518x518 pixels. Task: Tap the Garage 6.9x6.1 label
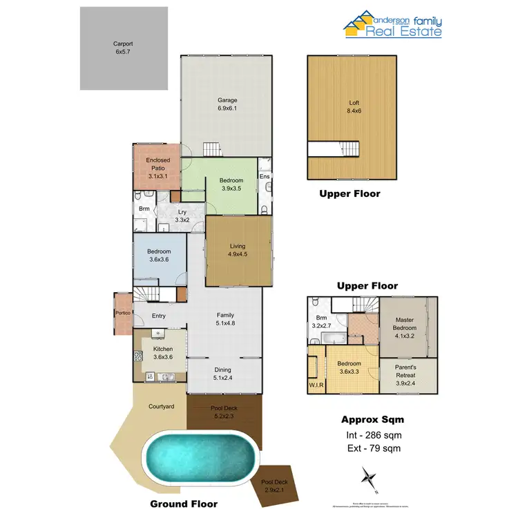click(x=227, y=104)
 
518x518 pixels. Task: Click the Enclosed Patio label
click(x=157, y=168)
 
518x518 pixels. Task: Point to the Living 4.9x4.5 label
click(x=238, y=249)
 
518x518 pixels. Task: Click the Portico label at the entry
click(x=124, y=311)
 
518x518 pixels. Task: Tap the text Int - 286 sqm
click(x=373, y=435)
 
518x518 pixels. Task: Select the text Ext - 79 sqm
click(x=373, y=448)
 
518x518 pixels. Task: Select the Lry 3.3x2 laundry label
click(x=182, y=216)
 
